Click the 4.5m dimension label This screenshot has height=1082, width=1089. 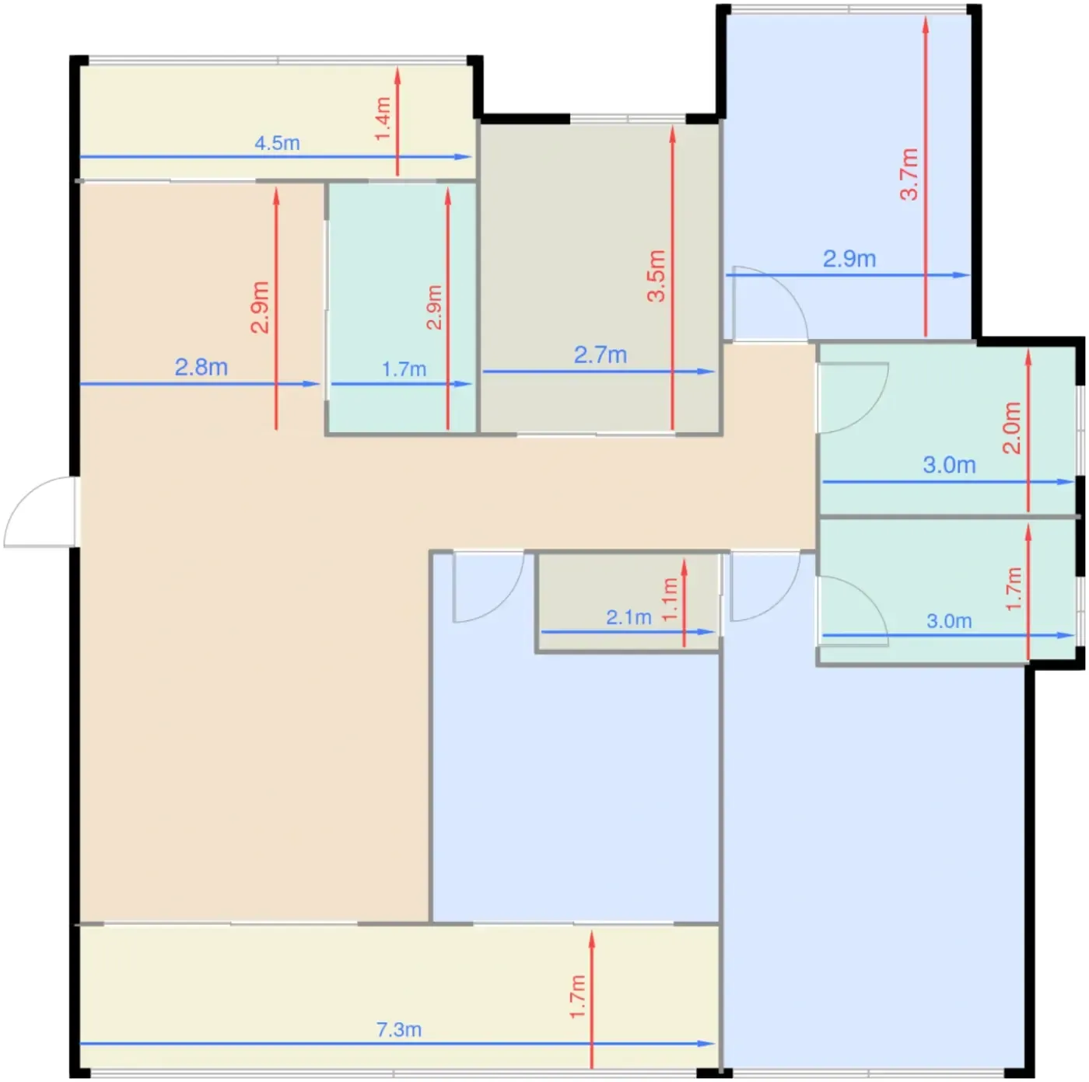[x=277, y=143]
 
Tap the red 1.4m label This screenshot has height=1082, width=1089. [x=383, y=119]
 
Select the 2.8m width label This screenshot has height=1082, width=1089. [x=201, y=368]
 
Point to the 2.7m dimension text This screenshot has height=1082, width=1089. [x=601, y=355]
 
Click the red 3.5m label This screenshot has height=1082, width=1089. [x=657, y=276]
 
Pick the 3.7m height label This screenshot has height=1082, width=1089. [x=909, y=174]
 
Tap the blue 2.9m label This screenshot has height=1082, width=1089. [x=849, y=259]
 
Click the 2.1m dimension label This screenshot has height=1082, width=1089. [x=629, y=617]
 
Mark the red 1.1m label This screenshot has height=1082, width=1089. [x=670, y=599]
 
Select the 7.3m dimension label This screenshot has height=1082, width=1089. [x=399, y=1029]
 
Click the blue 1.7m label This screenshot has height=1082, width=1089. [x=404, y=369]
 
